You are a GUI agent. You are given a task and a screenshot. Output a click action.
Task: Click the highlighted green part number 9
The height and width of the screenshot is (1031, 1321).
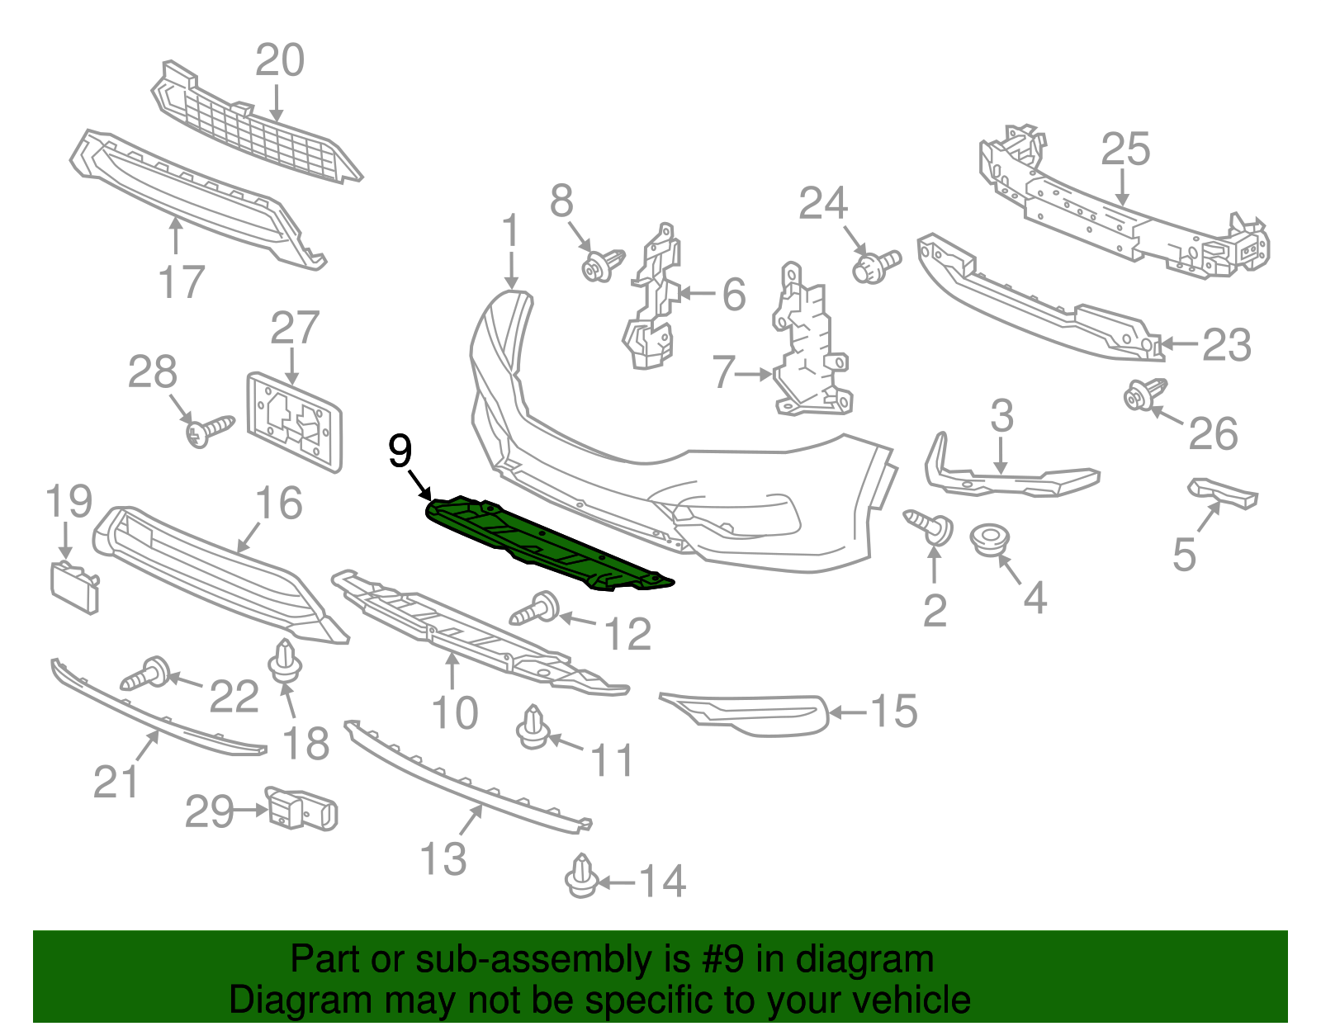(545, 541)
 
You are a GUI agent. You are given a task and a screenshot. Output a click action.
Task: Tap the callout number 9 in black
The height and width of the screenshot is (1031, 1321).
(400, 452)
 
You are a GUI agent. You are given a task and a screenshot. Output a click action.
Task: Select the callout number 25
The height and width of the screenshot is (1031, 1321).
(1125, 150)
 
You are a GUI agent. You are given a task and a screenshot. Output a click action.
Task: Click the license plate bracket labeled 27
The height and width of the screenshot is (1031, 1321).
(295, 422)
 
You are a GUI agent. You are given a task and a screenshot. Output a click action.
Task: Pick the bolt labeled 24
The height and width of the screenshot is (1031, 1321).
(875, 266)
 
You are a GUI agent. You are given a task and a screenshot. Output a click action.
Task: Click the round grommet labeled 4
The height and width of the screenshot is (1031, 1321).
(990, 540)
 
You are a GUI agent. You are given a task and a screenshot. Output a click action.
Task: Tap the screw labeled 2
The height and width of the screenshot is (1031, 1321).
(930, 526)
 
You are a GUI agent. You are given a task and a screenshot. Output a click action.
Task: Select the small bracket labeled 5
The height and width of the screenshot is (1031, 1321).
(1224, 493)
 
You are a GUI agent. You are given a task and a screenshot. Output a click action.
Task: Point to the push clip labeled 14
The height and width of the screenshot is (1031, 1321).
(582, 876)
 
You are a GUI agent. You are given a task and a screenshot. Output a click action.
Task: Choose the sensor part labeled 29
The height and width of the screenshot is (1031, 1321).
(301, 807)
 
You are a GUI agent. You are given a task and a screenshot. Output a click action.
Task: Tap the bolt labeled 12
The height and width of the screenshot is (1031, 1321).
(537, 608)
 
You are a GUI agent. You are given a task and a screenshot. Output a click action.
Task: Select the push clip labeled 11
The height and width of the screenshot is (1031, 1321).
(533, 726)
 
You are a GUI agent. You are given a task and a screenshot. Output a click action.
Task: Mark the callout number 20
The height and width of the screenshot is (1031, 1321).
(280, 61)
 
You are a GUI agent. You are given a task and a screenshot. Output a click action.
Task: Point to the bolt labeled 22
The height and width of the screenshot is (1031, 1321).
(146, 674)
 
